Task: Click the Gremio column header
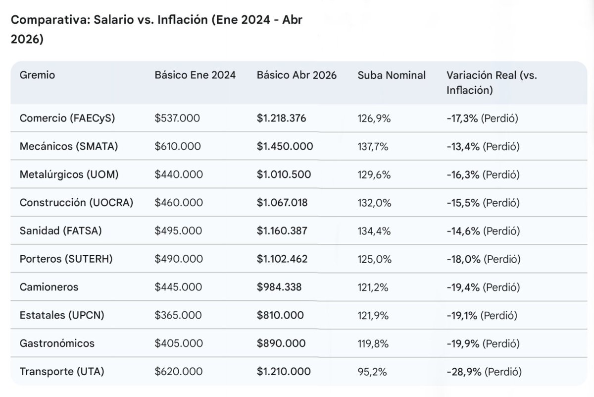pyautogui.click(x=37, y=75)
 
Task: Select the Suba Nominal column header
pyautogui.click(x=392, y=75)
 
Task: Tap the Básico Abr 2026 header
pyautogui.click(x=297, y=75)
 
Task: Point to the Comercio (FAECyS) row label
pyautogui.click(x=67, y=118)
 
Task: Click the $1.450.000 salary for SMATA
pyautogui.click(x=285, y=146)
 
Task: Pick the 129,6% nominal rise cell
pyautogui.click(x=374, y=174)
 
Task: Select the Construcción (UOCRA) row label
pyautogui.click(x=76, y=203)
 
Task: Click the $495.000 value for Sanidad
pyautogui.click(x=178, y=231)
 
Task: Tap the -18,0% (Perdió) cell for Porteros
pyautogui.click(x=484, y=259)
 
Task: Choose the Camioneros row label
pyautogui.click(x=49, y=287)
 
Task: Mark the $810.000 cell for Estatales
pyautogui.click(x=280, y=315)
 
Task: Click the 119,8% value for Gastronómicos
pyautogui.click(x=373, y=343)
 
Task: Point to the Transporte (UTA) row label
pyautogui.click(x=62, y=372)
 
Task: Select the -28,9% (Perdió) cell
pyautogui.click(x=484, y=372)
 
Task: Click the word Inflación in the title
pyautogui.click(x=183, y=20)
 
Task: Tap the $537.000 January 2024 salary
pyautogui.click(x=177, y=118)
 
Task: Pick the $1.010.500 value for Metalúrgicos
pyautogui.click(x=284, y=174)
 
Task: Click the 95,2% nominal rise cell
pyautogui.click(x=372, y=372)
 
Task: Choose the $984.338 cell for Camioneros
pyautogui.click(x=279, y=287)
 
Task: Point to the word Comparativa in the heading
pyautogui.click(x=50, y=20)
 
